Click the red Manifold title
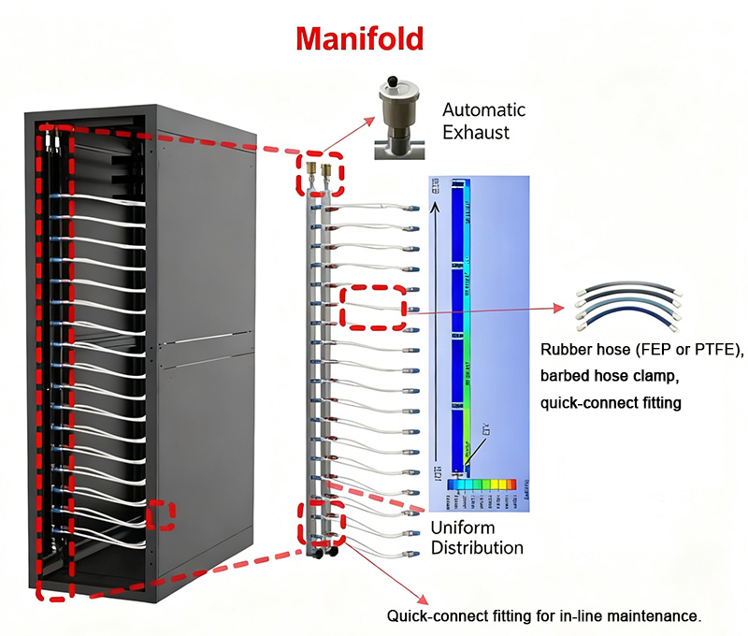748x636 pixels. (360, 37)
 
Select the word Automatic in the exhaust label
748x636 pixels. (484, 109)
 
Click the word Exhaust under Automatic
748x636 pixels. (476, 132)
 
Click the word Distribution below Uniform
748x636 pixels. (476, 547)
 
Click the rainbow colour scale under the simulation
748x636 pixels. (481, 484)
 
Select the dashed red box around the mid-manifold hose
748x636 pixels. (374, 307)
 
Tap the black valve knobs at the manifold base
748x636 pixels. (324, 553)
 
